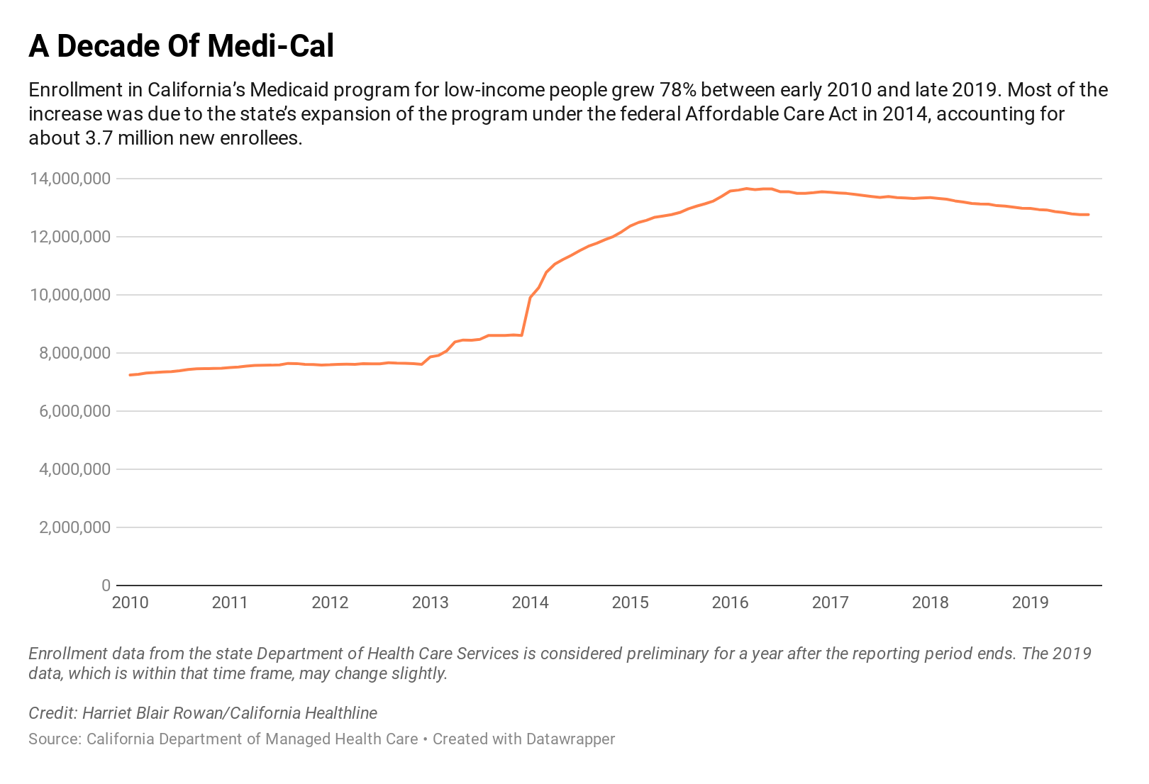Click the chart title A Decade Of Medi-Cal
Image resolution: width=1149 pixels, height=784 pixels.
click(x=181, y=47)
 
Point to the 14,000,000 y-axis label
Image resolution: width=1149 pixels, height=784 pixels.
click(x=70, y=179)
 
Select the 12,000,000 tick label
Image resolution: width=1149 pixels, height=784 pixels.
click(x=70, y=237)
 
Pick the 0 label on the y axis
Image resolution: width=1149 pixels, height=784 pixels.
click(x=106, y=586)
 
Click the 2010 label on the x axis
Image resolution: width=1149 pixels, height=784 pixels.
click(x=131, y=603)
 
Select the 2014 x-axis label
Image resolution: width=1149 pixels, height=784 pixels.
click(x=530, y=603)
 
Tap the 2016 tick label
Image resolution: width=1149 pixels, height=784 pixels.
click(x=730, y=603)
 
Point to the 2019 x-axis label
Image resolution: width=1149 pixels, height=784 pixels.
click(x=1030, y=603)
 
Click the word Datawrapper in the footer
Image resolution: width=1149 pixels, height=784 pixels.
click(x=570, y=739)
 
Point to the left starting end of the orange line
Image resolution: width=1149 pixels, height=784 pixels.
click(x=130, y=375)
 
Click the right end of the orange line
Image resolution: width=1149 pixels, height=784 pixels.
click(x=1088, y=215)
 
